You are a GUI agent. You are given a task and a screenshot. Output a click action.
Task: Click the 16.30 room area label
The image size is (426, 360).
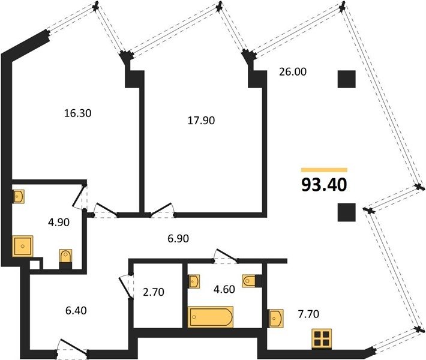[78, 113]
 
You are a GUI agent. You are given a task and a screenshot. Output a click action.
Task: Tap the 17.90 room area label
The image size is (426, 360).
[202, 121]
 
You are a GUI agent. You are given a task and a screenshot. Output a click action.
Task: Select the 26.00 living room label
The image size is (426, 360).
[293, 72]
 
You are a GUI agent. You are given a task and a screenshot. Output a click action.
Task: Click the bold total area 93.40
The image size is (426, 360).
[324, 185]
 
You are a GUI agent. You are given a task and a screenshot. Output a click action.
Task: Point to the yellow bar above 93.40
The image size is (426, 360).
[324, 170]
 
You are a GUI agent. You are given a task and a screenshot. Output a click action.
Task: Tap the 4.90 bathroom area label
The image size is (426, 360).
[59, 222]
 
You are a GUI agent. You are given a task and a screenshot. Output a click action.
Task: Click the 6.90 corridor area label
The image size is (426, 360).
[178, 239]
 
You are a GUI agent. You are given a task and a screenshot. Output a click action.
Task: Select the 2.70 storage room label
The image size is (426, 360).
[154, 292]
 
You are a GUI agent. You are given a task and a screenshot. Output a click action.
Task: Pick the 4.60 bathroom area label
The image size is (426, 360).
[224, 289]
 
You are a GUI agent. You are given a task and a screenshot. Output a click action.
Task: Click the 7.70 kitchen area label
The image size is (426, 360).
[308, 314]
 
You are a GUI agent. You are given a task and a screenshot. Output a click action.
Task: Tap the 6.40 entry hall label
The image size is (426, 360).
[76, 310]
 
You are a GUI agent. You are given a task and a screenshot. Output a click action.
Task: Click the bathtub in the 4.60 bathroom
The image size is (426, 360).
[211, 317]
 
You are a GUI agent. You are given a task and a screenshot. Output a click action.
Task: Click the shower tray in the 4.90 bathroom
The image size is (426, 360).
[23, 246]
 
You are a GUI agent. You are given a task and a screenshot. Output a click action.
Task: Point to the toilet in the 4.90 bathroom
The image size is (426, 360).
[65, 257]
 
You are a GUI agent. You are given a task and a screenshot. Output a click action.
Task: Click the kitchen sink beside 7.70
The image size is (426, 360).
[276, 318]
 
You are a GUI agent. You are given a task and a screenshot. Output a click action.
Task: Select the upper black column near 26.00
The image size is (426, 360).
[347, 79]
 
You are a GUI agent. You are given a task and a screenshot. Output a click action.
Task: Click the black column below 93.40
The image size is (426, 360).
[347, 212]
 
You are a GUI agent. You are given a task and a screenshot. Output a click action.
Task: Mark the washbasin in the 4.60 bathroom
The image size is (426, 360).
[194, 281]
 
